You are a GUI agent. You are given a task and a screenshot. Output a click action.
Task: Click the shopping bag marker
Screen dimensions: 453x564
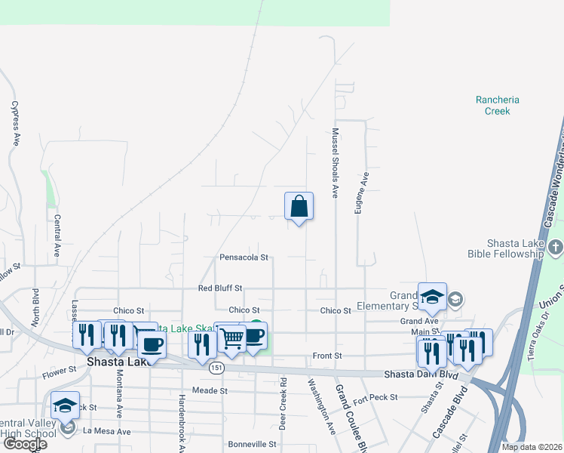(299, 206)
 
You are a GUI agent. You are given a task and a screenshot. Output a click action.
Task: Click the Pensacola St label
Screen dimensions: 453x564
(244, 257)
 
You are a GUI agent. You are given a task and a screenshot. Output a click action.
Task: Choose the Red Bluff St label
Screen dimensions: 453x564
(219, 288)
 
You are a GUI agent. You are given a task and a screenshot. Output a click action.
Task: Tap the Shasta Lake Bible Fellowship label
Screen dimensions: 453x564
(504, 248)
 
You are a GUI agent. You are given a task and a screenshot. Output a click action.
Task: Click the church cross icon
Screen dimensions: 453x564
(555, 247)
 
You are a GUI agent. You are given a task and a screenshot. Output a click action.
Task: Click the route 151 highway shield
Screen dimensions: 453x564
(216, 367)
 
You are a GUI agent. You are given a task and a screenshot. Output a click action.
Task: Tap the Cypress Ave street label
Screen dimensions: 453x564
(15, 124)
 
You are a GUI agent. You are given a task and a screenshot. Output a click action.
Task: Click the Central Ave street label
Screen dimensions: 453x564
(57, 236)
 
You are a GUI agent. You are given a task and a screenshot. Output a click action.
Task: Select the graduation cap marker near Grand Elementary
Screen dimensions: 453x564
(433, 297)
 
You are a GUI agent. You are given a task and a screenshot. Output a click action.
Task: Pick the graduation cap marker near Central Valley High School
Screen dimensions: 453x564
(66, 405)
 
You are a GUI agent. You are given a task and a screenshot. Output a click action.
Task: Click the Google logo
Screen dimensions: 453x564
(24, 444)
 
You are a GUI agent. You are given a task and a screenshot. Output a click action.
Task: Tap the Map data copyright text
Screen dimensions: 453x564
(531, 447)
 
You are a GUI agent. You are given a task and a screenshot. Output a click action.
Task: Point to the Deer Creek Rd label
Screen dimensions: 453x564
(283, 403)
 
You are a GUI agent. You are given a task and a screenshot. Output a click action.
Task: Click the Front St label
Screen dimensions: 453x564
(327, 356)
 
